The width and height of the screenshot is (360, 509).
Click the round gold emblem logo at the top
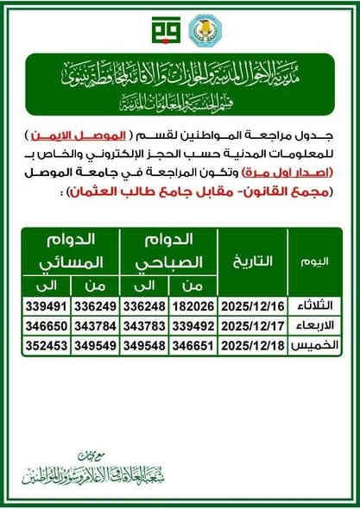(204, 29)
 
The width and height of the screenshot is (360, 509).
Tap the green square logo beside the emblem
(161, 29)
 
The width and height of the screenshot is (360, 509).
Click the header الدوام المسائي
(71, 249)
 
